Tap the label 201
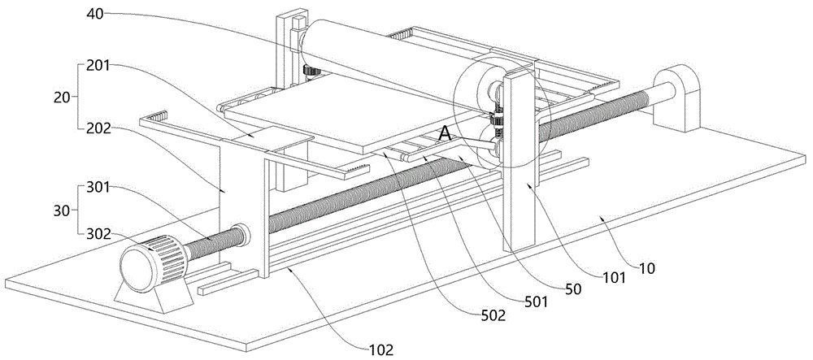click(x=98, y=66)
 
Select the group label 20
click(x=61, y=97)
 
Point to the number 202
click(x=98, y=128)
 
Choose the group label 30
click(x=61, y=210)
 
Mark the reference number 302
click(x=98, y=234)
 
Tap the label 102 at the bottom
click(x=381, y=348)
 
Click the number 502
click(x=493, y=316)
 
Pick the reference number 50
click(x=573, y=289)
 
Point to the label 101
click(x=614, y=279)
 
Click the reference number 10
click(x=648, y=269)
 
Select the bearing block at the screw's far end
click(x=676, y=98)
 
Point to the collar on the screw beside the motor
click(x=241, y=236)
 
